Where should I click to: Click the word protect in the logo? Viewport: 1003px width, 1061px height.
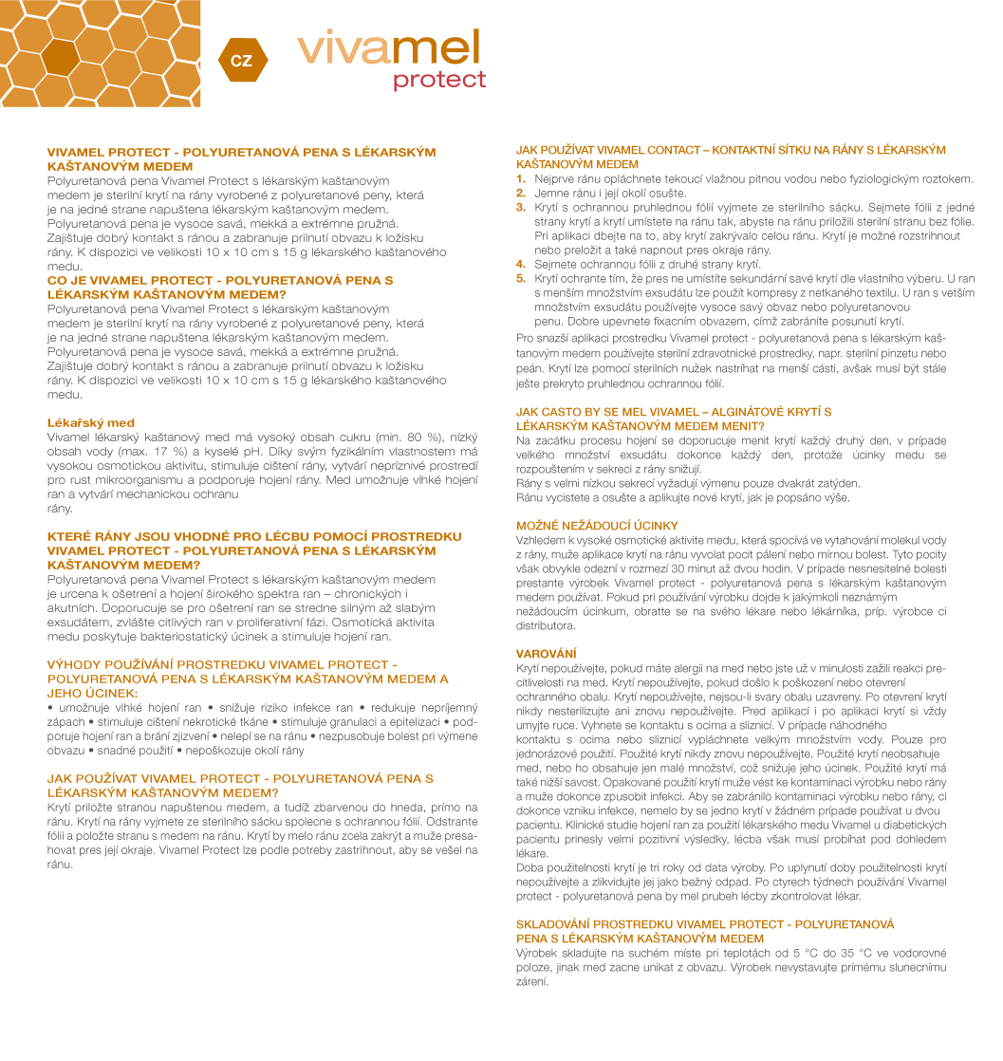(439, 80)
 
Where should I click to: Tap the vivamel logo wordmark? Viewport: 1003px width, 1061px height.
(389, 47)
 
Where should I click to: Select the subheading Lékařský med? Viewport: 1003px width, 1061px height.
(91, 423)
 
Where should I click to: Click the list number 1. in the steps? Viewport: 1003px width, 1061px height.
(521, 178)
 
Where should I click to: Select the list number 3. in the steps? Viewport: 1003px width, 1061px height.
(521, 207)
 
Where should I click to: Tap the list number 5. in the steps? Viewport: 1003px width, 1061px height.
(521, 278)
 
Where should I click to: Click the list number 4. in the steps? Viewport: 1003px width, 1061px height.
(521, 264)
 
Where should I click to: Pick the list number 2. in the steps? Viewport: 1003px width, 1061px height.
(521, 193)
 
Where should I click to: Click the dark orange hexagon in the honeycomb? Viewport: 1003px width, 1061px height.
(60, 57)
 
